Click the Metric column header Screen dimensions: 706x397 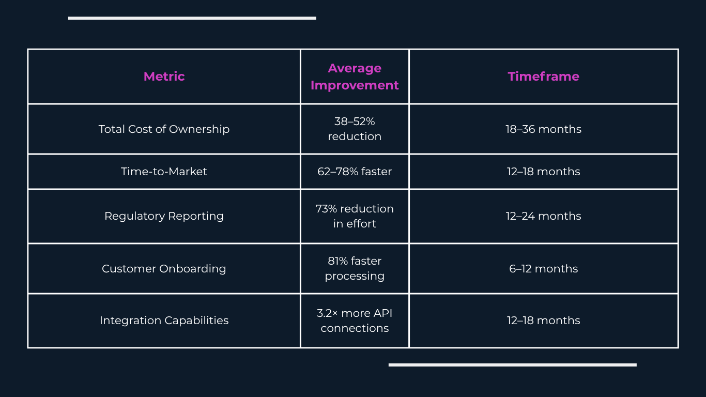tap(164, 77)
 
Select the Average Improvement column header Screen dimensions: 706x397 tap(355, 77)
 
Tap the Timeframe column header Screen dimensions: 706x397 tap(543, 77)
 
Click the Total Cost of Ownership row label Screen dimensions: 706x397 tap(164, 129)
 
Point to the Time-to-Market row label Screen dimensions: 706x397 tap(164, 172)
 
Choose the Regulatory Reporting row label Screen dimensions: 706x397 tap(164, 216)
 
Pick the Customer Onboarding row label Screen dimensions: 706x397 tap(164, 269)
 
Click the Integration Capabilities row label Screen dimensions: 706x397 tap(164, 320)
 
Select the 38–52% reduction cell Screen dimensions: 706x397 tap(355, 129)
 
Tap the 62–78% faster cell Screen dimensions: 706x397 tap(355, 172)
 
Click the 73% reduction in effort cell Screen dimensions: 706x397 tap(355, 216)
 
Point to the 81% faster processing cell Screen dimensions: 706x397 tap(355, 269)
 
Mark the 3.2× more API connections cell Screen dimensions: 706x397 tap(355, 320)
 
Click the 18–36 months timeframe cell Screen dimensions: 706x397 tap(543, 129)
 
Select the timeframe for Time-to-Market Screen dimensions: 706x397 tap(543, 172)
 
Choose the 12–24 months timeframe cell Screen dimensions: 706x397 tap(543, 216)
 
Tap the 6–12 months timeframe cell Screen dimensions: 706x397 tap(543, 269)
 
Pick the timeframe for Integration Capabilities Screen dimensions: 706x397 tap(543, 320)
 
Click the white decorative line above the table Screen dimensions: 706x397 tap(192, 18)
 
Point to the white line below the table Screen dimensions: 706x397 tap(513, 365)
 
